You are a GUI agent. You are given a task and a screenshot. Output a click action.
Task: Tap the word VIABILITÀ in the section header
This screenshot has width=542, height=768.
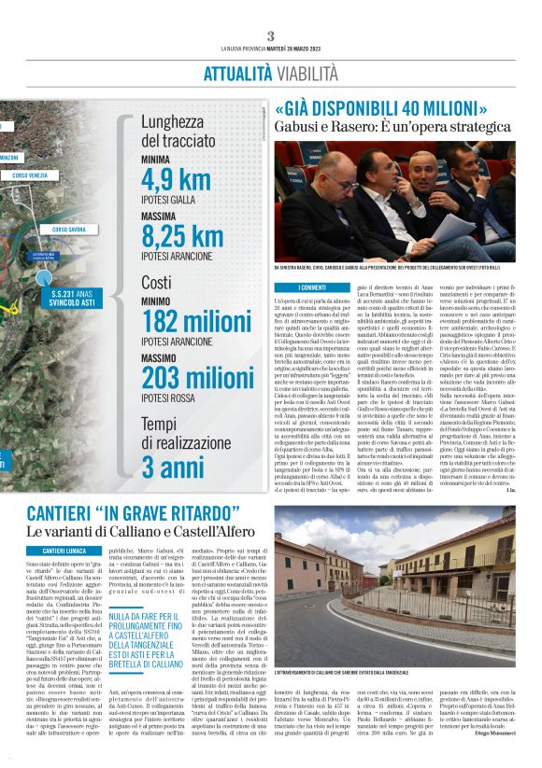(307, 72)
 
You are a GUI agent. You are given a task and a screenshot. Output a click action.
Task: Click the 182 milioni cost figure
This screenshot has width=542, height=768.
(195, 322)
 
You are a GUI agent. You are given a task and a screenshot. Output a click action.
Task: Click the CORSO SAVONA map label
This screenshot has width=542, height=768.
(69, 230)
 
